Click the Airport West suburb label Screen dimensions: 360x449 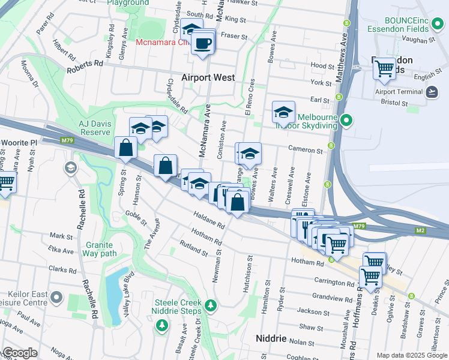208,78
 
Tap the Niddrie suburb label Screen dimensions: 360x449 271,338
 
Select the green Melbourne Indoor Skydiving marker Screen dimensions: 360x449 346,121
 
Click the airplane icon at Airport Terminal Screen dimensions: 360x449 431,92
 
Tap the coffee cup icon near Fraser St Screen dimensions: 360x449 203,43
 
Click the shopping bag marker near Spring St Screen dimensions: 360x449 125,148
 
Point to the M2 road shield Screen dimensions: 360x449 420,230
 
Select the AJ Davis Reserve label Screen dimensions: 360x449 95,127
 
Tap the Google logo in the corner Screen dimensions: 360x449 20,353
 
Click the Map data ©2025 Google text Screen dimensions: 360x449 411,355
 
